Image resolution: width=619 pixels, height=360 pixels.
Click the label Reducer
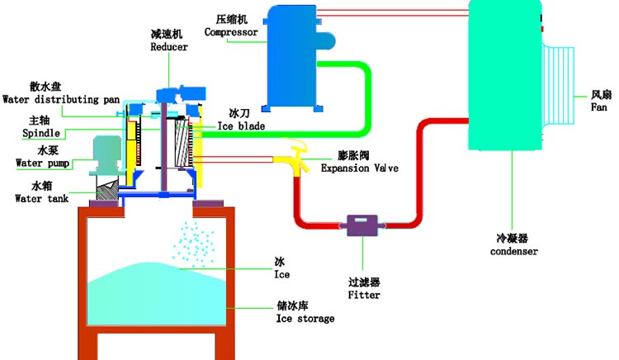169,47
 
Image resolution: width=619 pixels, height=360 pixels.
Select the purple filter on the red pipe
361,225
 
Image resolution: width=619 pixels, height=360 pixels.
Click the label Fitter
364,294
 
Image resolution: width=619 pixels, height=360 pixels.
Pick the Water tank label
40,197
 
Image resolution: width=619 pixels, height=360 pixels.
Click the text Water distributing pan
61,99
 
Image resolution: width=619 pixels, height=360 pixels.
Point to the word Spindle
39,131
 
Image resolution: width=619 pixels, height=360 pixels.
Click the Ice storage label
305,319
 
